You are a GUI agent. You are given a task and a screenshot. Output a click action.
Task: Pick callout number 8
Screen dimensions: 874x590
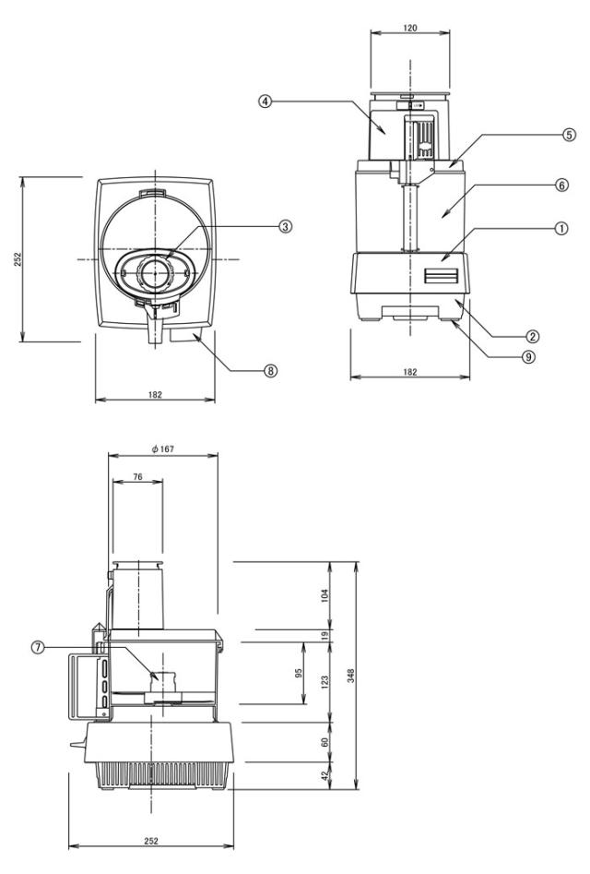tap(270, 370)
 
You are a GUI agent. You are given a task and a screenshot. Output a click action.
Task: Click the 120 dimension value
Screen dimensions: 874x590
tap(410, 28)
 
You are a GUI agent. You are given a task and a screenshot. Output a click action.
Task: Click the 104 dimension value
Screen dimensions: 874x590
tap(324, 595)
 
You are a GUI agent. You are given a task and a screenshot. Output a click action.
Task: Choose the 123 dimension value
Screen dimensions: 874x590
tap(324, 680)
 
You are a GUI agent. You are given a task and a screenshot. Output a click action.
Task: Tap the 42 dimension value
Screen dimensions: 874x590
tap(324, 777)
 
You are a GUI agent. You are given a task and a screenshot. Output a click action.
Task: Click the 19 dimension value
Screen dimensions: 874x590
tap(324, 635)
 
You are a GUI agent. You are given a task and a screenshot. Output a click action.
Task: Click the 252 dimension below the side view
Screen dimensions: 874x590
tap(151, 842)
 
